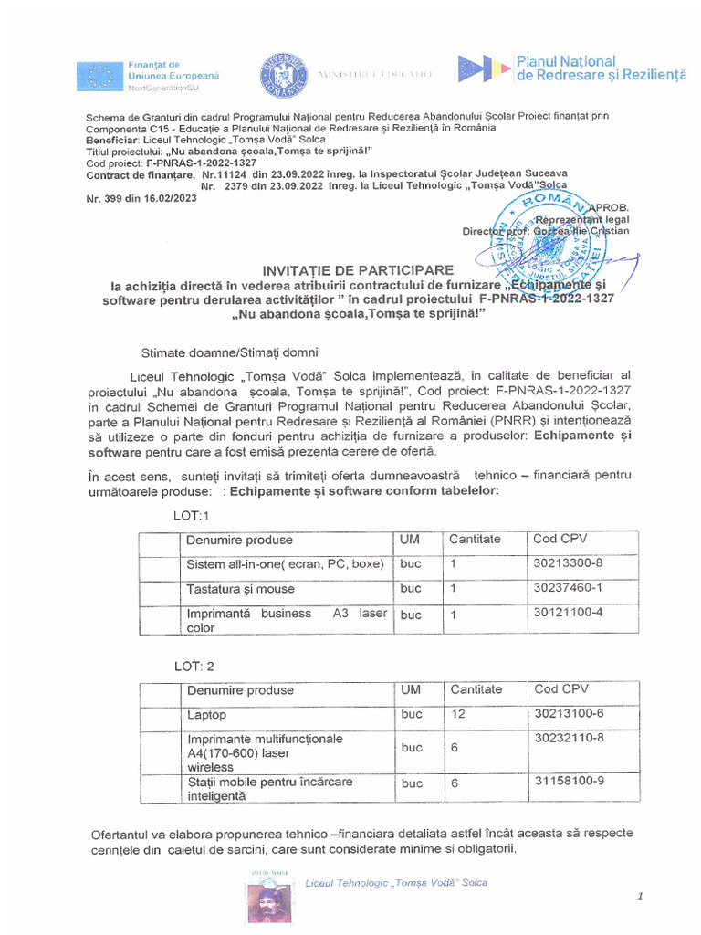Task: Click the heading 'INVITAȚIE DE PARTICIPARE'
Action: coord(358,270)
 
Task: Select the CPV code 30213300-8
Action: coord(568,563)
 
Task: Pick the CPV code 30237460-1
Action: coord(568,588)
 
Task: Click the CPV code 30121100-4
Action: coord(568,613)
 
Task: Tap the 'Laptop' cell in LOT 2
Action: coord(206,715)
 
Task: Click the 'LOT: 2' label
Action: coord(194,667)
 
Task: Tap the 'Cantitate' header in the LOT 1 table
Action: coord(475,540)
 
